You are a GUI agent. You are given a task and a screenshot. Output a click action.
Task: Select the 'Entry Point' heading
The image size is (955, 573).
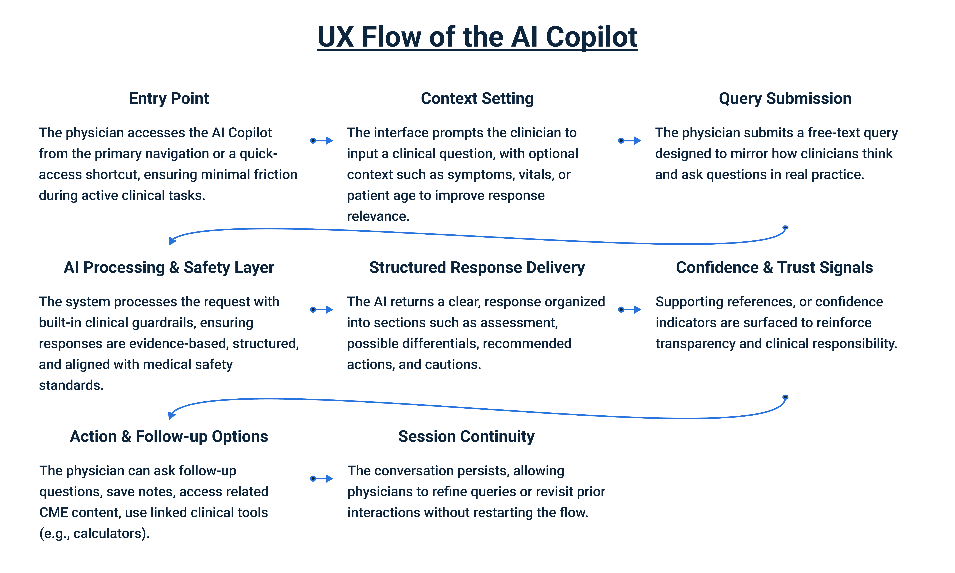(169, 98)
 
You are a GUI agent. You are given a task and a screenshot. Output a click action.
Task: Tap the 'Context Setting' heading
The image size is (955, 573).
(477, 98)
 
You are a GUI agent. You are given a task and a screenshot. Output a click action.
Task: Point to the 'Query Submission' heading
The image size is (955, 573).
(785, 98)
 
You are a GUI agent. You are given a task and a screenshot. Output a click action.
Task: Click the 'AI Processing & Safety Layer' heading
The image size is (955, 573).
(169, 268)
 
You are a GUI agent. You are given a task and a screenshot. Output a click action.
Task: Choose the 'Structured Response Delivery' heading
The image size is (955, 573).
(477, 268)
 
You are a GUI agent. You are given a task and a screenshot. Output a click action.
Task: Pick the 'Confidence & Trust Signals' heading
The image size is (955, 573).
(774, 268)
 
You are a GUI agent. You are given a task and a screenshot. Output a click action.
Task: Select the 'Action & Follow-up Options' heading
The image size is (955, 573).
(169, 437)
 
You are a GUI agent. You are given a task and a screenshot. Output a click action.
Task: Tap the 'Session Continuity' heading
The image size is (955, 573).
(466, 437)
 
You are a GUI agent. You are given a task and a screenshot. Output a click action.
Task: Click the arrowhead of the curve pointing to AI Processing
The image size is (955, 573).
(172, 241)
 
